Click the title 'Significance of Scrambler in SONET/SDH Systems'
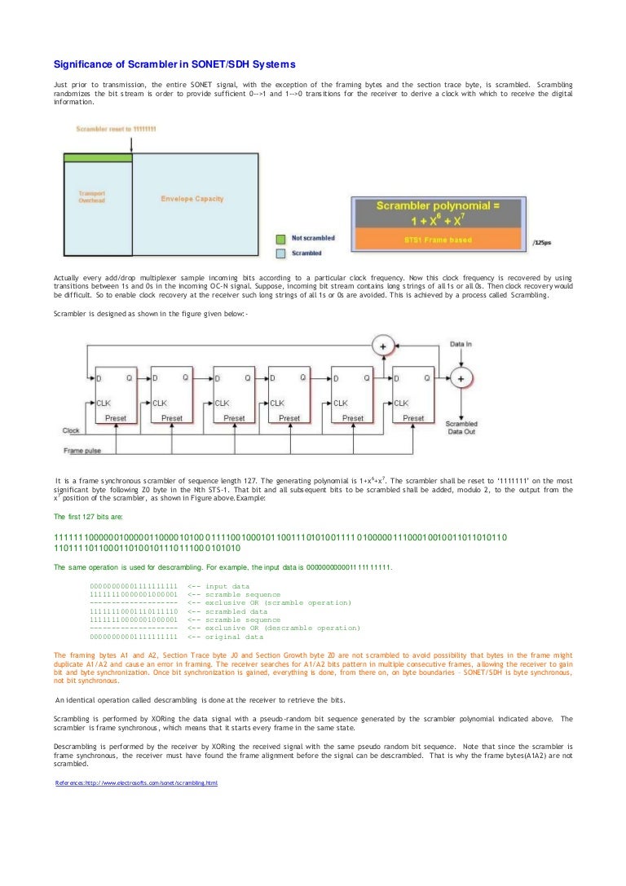[174, 64]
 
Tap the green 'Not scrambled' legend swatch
[280, 239]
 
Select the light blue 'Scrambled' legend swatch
[280, 253]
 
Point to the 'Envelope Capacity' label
[192, 199]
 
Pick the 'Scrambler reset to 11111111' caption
[116, 130]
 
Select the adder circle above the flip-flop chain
[381, 346]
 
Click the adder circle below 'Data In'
[461, 378]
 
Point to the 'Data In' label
[462, 345]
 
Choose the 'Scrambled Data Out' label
[461, 430]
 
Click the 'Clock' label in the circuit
[71, 430]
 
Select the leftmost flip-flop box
[117, 395]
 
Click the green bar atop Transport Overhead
[97, 157]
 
